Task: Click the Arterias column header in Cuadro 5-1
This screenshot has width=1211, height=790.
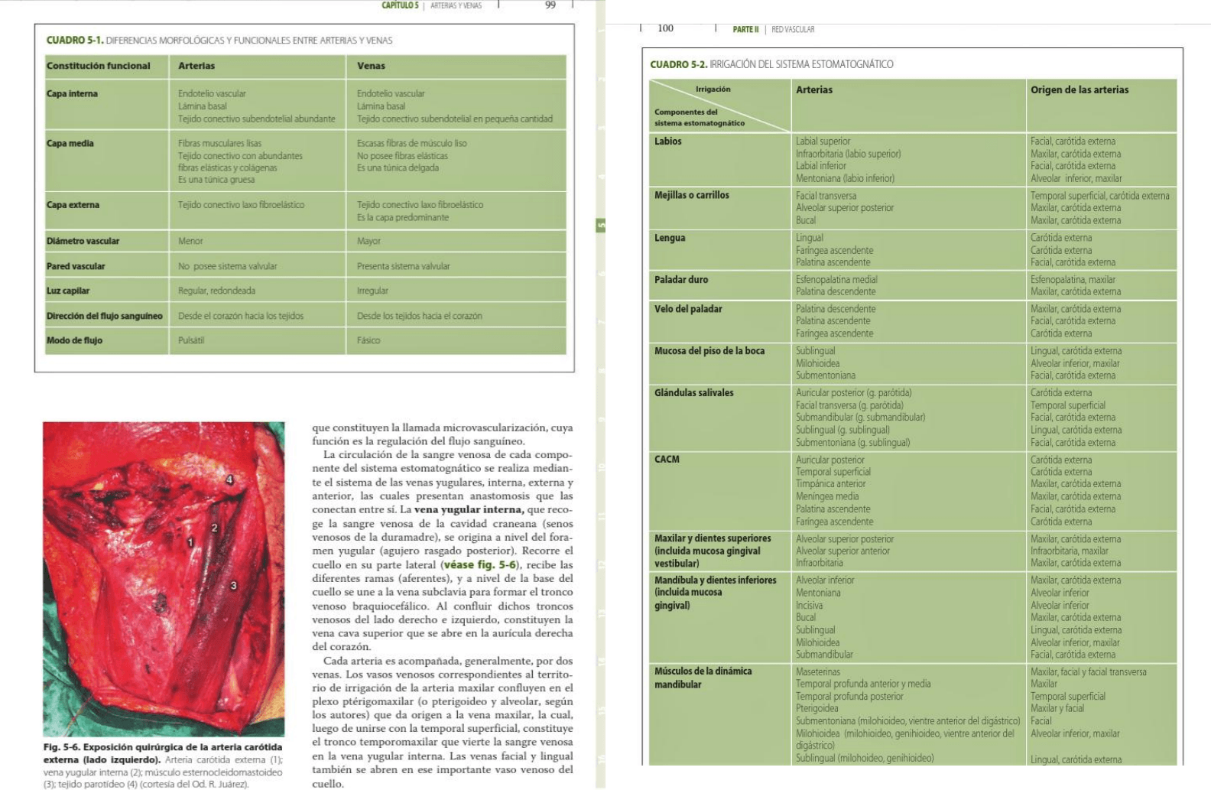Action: pyautogui.click(x=196, y=66)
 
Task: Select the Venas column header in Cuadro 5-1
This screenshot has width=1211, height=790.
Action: pyautogui.click(x=371, y=66)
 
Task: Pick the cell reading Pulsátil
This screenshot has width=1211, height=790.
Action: pyautogui.click(x=191, y=340)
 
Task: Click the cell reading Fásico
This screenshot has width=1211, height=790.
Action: pyautogui.click(x=368, y=340)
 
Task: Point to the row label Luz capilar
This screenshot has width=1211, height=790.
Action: pyautogui.click(x=68, y=291)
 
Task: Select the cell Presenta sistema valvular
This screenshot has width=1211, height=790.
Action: pyautogui.click(x=403, y=266)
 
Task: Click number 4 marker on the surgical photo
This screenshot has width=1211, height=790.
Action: pyautogui.click(x=229, y=480)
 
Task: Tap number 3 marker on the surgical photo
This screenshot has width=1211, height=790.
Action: pyautogui.click(x=233, y=586)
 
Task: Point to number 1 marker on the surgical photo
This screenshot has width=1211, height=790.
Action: pyautogui.click(x=190, y=542)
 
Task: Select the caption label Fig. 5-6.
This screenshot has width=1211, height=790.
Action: pyautogui.click(x=61, y=747)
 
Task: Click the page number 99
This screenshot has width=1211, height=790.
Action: pyautogui.click(x=550, y=5)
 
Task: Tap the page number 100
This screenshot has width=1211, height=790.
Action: pyautogui.click(x=665, y=28)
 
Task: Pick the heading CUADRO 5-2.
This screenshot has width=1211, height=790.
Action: pyautogui.click(x=678, y=64)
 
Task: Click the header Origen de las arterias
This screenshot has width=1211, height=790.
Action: pyautogui.click(x=1079, y=89)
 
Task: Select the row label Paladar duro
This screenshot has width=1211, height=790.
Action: pyautogui.click(x=681, y=279)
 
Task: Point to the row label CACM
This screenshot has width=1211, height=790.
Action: pyautogui.click(x=667, y=459)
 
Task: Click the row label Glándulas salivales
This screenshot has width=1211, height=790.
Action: pyautogui.click(x=693, y=392)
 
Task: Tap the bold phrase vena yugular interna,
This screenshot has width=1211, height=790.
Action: pyautogui.click(x=469, y=509)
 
